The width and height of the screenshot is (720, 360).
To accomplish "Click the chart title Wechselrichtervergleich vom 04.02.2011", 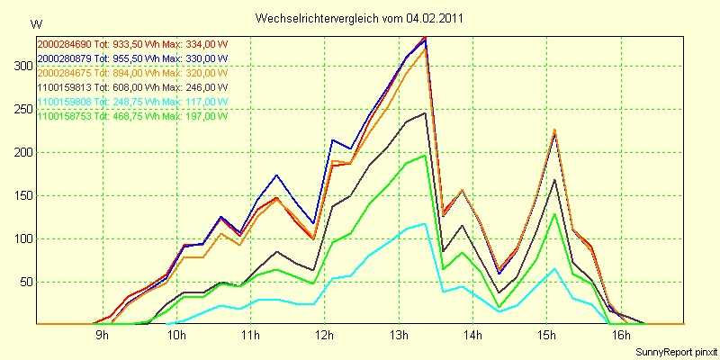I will [360, 18].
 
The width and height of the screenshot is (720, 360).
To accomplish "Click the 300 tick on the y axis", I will [22, 66].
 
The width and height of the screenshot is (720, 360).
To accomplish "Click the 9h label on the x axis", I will [103, 337].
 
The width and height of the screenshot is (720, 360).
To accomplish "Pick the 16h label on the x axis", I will [619, 337].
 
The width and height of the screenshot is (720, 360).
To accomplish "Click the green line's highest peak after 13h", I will [424, 155].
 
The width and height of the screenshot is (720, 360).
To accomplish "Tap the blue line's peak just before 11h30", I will [276, 175].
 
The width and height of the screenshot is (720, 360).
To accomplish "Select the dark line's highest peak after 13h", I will [424, 113].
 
